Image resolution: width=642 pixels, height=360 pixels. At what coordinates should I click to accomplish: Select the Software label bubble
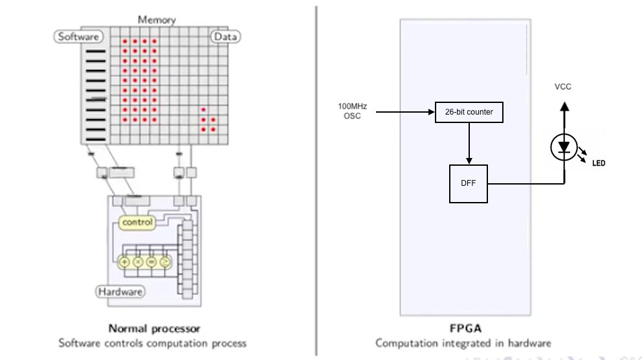tap(78, 37)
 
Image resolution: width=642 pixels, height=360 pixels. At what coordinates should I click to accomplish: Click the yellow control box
tap(137, 222)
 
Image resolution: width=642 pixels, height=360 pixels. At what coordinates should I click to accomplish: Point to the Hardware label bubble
tap(120, 292)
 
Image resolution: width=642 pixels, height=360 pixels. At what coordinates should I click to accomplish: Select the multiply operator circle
tap(138, 262)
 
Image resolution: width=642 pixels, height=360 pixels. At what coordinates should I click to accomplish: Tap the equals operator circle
tap(151, 262)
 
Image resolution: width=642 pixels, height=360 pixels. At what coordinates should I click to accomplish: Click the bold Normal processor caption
tap(153, 328)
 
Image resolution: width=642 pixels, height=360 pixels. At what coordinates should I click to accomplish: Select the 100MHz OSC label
tap(349, 111)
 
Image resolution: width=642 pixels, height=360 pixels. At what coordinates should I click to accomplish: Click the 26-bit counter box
tap(469, 112)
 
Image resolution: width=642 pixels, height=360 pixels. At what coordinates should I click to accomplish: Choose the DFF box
tap(468, 183)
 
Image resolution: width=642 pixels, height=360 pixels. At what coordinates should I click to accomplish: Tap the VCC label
tap(563, 87)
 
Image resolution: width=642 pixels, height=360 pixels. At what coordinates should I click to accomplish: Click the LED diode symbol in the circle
tap(564, 148)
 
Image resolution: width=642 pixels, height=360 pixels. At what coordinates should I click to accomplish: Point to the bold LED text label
tap(598, 163)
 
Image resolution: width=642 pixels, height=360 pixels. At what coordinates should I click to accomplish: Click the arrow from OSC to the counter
tap(404, 112)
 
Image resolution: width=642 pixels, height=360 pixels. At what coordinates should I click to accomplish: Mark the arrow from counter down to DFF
tap(469, 143)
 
